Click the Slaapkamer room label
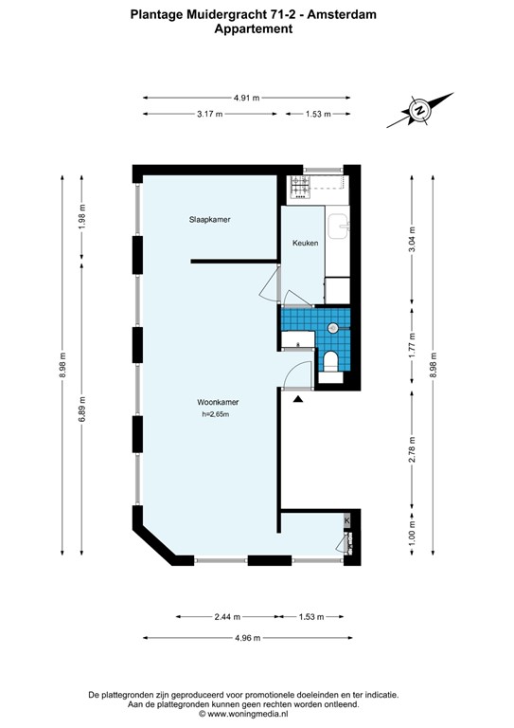[x=209, y=220]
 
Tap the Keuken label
[x=305, y=243]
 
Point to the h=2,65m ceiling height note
[x=216, y=414]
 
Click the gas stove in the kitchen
[x=300, y=187]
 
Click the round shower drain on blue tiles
[x=332, y=327]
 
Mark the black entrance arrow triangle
[x=298, y=400]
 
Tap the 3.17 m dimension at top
[x=209, y=114]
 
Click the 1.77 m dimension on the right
[x=411, y=341]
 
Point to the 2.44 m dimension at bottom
[x=224, y=616]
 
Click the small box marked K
[x=347, y=520]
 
